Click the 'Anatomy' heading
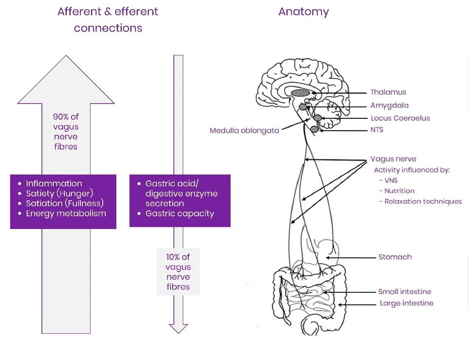[303, 12]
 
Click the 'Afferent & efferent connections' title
[108, 19]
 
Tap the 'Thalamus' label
[388, 92]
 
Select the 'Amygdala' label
[389, 105]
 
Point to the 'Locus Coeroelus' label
[400, 118]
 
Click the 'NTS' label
[377, 130]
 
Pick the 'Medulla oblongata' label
[244, 131]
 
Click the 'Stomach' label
[395, 257]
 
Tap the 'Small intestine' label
[404, 292]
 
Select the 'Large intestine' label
[406, 303]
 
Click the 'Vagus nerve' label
[393, 159]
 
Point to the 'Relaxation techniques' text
[423, 201]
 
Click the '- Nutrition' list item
[397, 191]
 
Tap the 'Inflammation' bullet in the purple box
[54, 183]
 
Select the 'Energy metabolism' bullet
[66, 213]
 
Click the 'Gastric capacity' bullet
[179, 213]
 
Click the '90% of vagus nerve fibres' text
[66, 131]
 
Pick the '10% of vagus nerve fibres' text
[178, 272]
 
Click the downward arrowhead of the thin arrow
[178, 329]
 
